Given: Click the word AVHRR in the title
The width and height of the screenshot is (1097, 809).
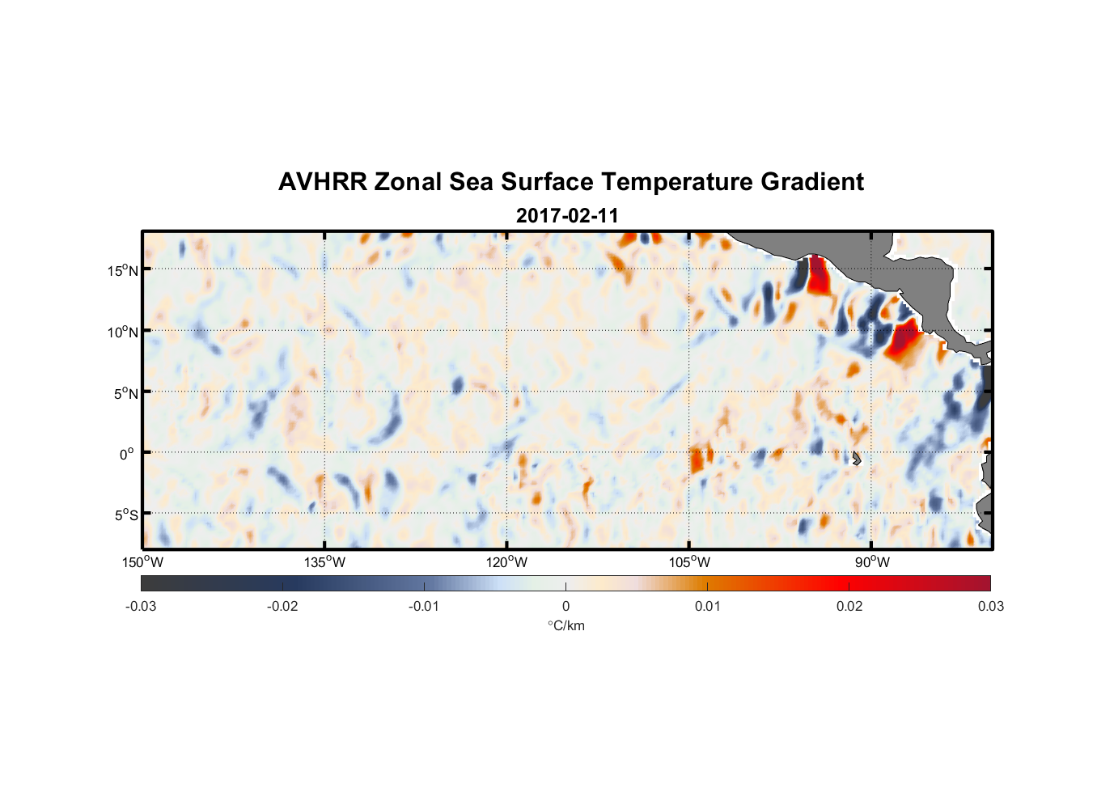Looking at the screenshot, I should click(322, 182).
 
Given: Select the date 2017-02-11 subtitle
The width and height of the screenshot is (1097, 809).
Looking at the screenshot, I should click(567, 216).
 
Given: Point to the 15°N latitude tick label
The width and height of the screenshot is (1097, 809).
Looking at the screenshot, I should click(123, 270).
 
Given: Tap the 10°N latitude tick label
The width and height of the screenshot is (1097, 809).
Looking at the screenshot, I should click(123, 332).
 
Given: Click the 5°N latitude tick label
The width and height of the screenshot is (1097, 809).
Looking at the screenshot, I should click(125, 393).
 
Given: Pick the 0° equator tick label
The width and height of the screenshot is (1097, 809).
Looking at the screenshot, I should click(127, 454).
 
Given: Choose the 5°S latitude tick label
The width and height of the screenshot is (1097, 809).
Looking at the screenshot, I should click(125, 515).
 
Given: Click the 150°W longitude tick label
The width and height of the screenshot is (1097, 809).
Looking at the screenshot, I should click(143, 562).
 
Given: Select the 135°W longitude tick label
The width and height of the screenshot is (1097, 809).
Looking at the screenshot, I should click(325, 562).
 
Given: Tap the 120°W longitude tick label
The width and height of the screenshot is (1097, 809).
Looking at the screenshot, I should click(507, 562).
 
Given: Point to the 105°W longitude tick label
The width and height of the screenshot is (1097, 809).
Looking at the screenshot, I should click(689, 562).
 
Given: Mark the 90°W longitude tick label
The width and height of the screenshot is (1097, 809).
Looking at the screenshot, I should click(872, 562).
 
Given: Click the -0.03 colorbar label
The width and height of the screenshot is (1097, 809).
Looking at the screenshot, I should click(141, 606).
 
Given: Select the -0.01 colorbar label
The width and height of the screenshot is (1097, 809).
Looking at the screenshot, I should click(424, 606).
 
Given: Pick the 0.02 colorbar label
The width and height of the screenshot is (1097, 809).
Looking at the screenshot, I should click(849, 606).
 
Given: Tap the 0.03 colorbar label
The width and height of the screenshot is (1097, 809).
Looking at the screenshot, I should click(990, 606).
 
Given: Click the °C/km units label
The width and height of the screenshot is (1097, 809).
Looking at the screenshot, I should click(565, 625).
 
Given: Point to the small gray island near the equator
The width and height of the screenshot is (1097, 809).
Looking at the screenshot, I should click(857, 458).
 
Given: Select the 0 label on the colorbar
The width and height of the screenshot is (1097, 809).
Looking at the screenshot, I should click(565, 606).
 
